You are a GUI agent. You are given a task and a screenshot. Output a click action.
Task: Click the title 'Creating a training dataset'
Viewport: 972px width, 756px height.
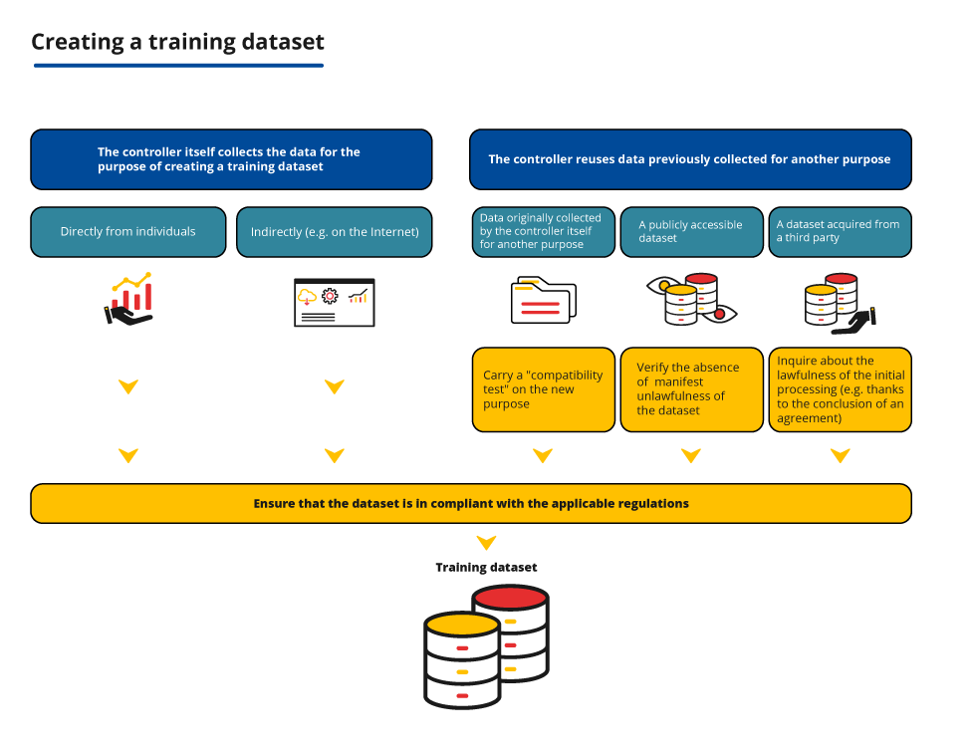pyautogui.click(x=177, y=42)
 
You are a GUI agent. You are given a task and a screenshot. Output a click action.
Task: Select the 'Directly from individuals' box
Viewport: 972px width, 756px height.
pyautogui.click(x=128, y=232)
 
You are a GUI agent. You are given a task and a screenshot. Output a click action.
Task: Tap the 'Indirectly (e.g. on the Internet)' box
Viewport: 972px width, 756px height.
pyautogui.click(x=335, y=232)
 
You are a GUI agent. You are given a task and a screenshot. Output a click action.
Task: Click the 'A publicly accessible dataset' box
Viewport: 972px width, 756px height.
pyautogui.click(x=691, y=232)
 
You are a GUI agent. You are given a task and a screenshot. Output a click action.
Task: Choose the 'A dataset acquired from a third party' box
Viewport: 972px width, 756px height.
pyautogui.click(x=840, y=232)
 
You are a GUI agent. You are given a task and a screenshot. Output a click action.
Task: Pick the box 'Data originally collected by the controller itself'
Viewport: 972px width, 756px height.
pyautogui.click(x=543, y=232)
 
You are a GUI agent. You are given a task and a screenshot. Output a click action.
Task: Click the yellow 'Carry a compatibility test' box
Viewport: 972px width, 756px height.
pyautogui.click(x=543, y=389)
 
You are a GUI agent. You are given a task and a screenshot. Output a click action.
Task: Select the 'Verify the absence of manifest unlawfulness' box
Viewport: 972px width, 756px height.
pyautogui.click(x=691, y=389)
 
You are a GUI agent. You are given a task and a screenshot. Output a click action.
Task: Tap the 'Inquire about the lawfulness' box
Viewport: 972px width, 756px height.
pyautogui.click(x=840, y=389)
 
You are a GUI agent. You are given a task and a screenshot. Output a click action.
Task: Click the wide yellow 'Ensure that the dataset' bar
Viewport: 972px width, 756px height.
pyautogui.click(x=471, y=503)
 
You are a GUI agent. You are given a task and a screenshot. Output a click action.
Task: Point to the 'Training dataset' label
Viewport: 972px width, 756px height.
pyautogui.click(x=486, y=568)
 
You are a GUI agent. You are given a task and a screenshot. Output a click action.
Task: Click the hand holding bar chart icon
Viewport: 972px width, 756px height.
pyautogui.click(x=130, y=299)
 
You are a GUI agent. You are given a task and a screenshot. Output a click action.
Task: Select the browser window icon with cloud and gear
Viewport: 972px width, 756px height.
pyautogui.click(x=334, y=302)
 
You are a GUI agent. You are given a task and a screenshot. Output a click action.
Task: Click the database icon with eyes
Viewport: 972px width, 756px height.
pyautogui.click(x=691, y=300)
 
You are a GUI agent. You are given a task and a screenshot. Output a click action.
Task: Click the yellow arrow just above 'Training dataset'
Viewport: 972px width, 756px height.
pyautogui.click(x=486, y=543)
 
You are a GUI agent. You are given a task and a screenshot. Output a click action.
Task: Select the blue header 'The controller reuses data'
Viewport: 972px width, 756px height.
pyautogui.click(x=690, y=159)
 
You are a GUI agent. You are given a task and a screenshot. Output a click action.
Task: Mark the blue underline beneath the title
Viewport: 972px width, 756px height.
pyautogui.click(x=178, y=66)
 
